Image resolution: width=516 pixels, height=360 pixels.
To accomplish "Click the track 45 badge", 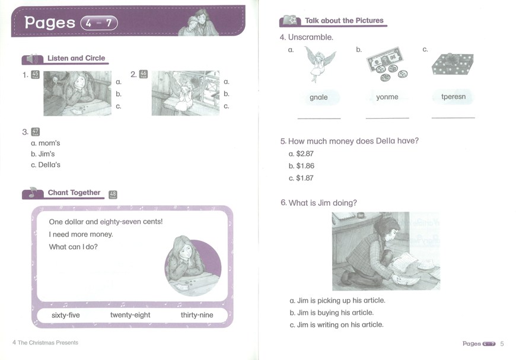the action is [x=35, y=75].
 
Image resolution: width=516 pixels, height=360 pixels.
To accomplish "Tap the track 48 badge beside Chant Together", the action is [x=113, y=195].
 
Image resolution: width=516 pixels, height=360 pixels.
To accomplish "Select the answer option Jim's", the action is [x=43, y=154].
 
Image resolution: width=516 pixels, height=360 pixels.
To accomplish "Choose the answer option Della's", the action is [x=46, y=165].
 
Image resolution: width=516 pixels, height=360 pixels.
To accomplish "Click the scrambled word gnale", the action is [x=318, y=97].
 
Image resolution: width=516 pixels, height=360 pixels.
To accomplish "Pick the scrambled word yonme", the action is [x=387, y=97].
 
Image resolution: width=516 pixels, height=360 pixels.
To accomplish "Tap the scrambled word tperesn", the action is [x=454, y=97].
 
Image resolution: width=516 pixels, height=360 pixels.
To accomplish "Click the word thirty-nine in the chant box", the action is [x=197, y=315].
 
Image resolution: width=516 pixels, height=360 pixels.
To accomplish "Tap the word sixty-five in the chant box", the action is [x=65, y=316].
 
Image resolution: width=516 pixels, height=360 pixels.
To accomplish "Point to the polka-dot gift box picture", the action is [x=453, y=64].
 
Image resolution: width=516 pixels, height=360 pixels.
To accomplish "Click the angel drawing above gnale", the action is [x=319, y=63].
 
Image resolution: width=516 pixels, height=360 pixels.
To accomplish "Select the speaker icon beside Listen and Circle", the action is [x=32, y=59].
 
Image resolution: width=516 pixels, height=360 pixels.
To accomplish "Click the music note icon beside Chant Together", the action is [x=32, y=192].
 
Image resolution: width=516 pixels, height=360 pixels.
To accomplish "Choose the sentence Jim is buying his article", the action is [x=332, y=313].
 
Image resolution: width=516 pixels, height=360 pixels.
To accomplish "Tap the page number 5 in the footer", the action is [x=502, y=343].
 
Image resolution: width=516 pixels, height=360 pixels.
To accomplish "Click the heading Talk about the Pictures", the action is [x=344, y=20].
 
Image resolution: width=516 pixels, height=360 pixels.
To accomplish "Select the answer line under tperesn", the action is [x=453, y=117].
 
